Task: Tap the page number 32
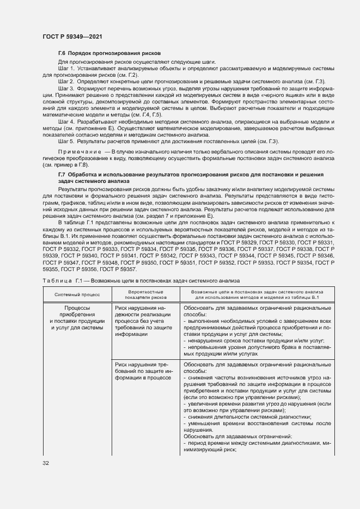[46, 463]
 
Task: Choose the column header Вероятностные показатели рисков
[145, 294]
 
